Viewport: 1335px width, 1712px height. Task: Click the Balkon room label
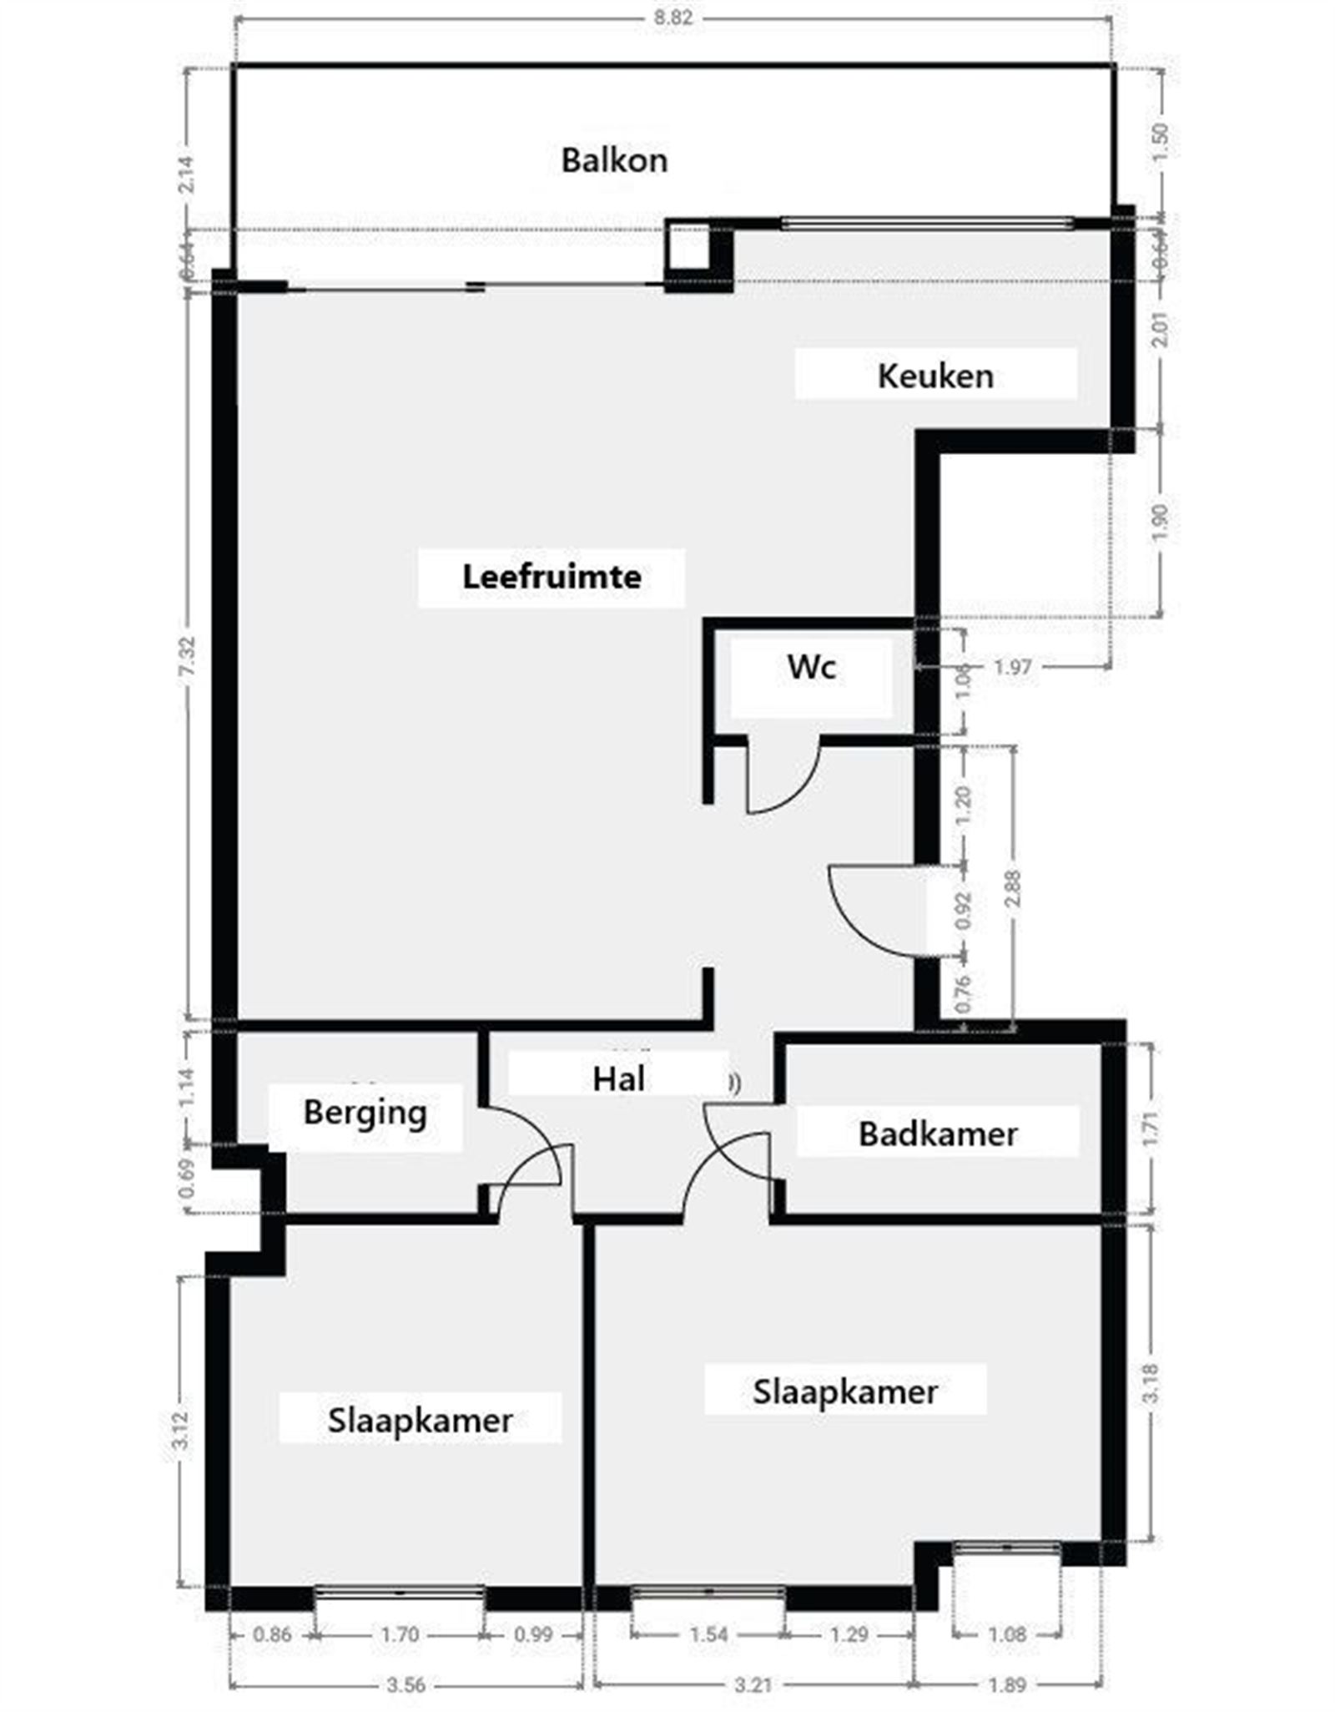(614, 160)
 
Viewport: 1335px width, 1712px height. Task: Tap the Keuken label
(934, 376)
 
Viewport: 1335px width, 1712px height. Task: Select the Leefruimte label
(552, 577)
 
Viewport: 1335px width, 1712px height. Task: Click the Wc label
(811, 667)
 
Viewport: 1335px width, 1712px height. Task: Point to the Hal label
(618, 1079)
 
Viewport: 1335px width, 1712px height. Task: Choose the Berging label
(365, 1113)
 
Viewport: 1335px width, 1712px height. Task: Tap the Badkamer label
(937, 1134)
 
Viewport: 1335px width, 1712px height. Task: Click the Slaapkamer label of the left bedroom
(420, 1420)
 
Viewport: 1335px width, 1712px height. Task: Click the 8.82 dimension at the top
(673, 18)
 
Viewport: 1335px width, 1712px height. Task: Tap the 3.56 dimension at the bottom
(406, 1684)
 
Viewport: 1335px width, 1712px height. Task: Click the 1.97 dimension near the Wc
(1012, 667)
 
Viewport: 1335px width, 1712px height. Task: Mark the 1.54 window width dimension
(708, 1634)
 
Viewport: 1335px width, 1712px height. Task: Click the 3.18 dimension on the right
(1151, 1383)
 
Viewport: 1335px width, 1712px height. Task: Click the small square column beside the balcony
(687, 248)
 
